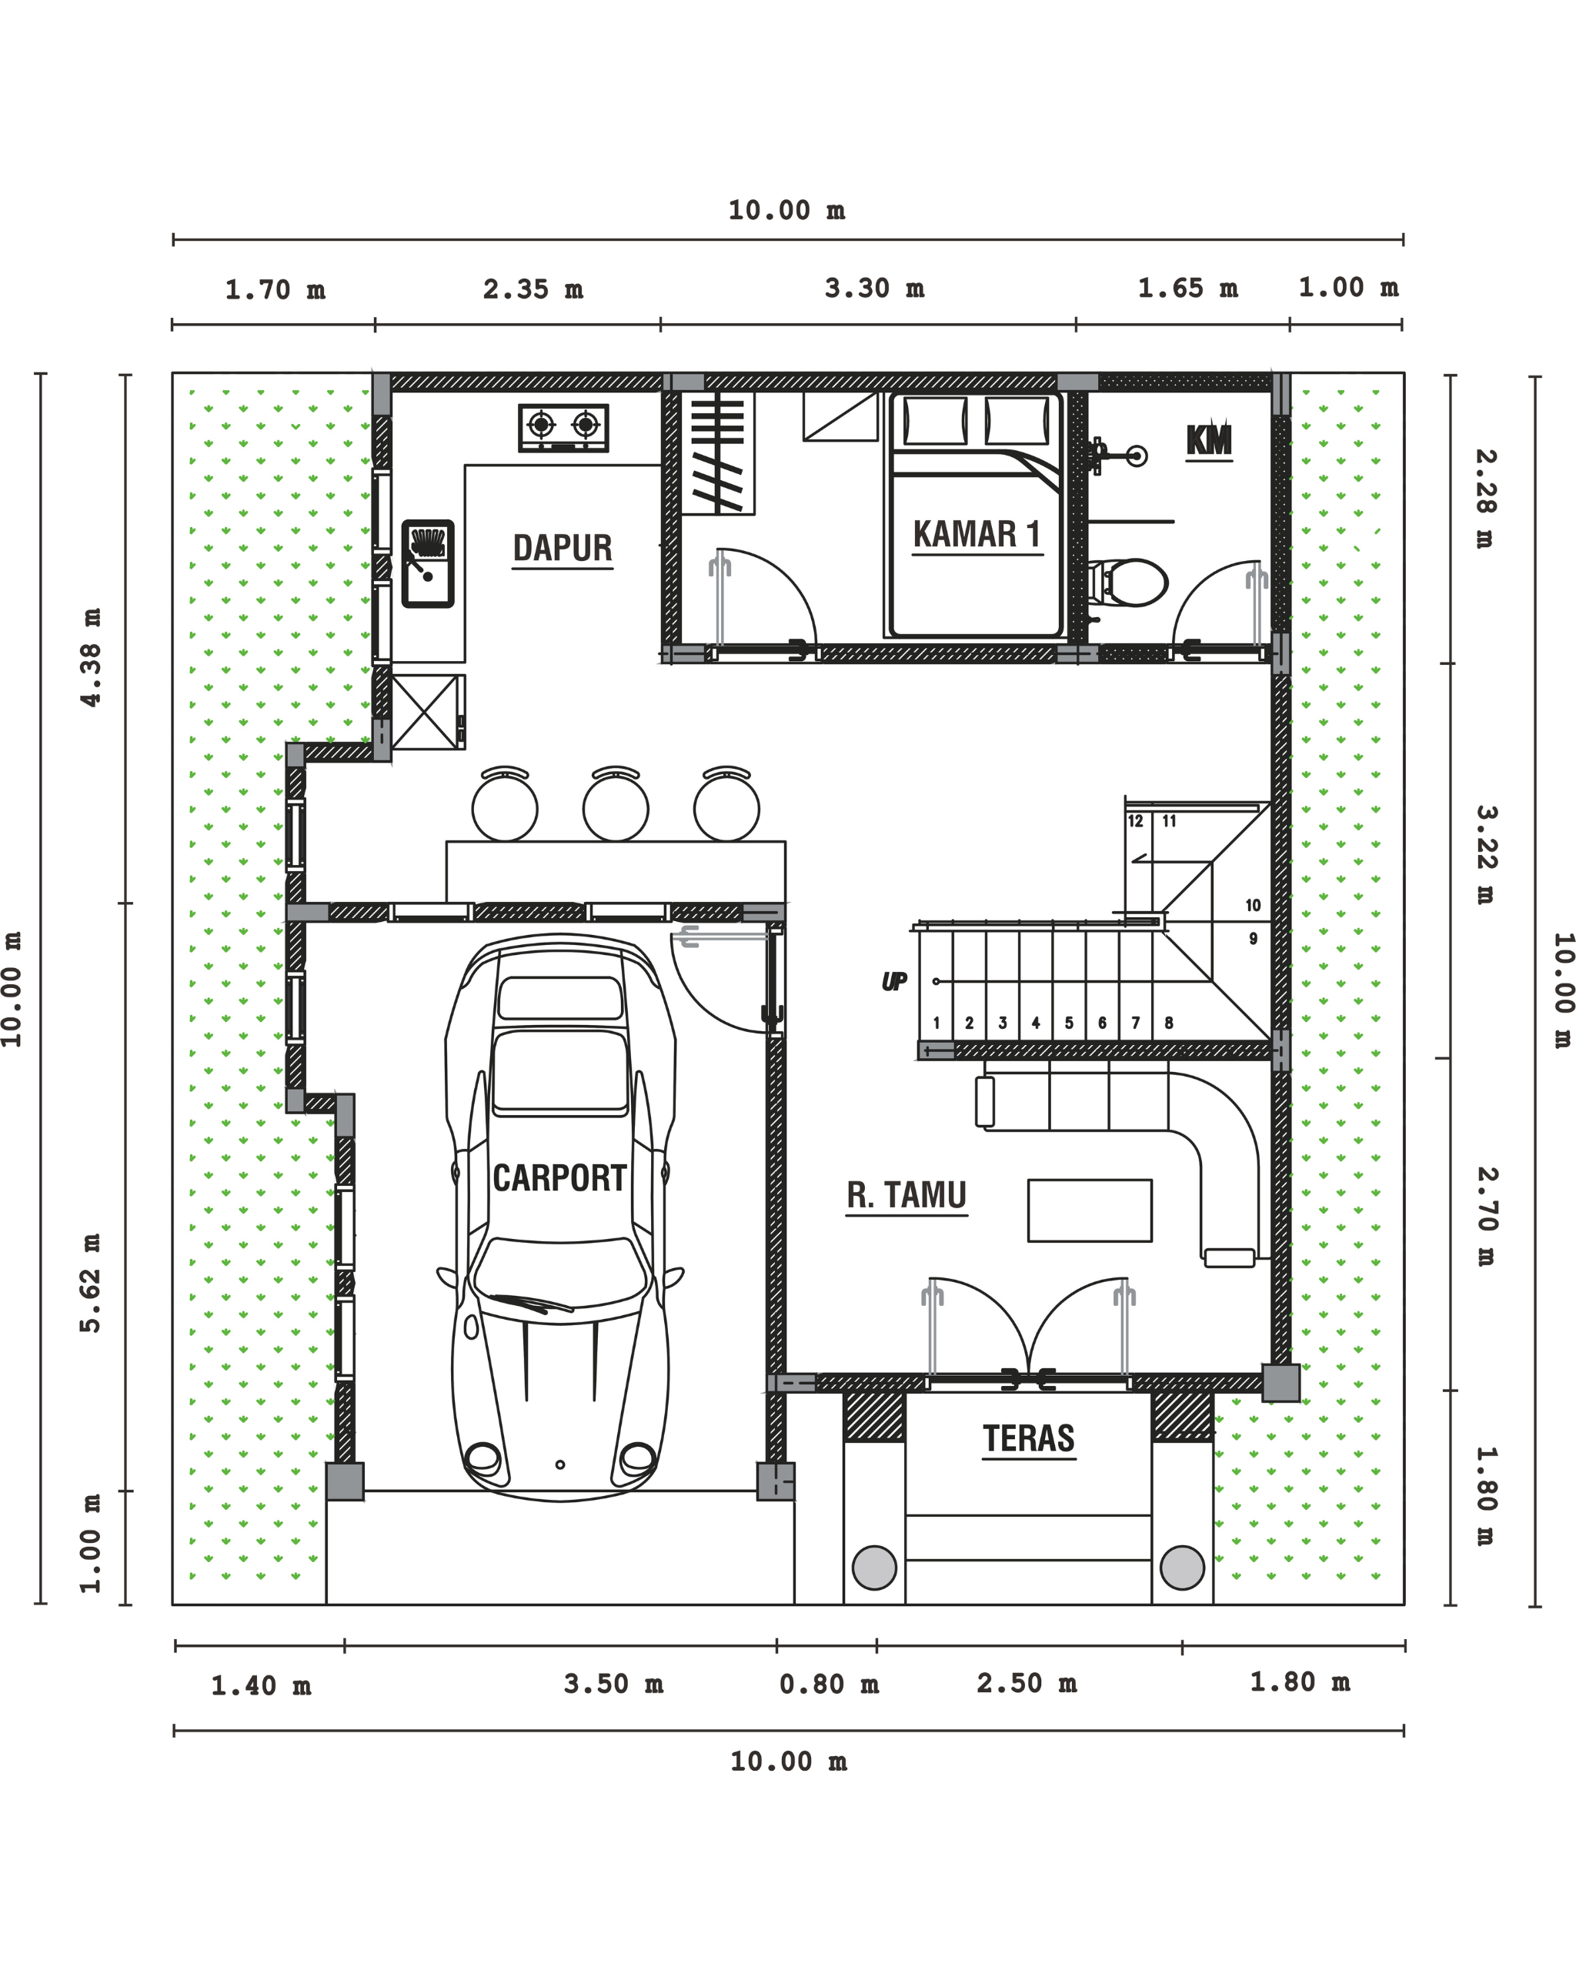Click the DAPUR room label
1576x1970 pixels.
pos(562,548)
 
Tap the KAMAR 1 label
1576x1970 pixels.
pos(977,535)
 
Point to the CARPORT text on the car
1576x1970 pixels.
pos(559,1178)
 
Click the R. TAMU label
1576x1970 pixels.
pos(907,1195)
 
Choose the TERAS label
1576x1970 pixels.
pos(1029,1439)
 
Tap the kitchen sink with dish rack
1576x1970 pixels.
pos(428,564)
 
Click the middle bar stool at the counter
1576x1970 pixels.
pos(616,804)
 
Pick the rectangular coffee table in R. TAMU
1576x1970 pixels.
pos(1089,1210)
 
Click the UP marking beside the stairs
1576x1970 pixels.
pos(893,982)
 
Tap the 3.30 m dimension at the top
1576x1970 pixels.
pos(874,289)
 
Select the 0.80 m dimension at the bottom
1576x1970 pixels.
pos(829,1684)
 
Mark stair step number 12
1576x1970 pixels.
pos(1136,821)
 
